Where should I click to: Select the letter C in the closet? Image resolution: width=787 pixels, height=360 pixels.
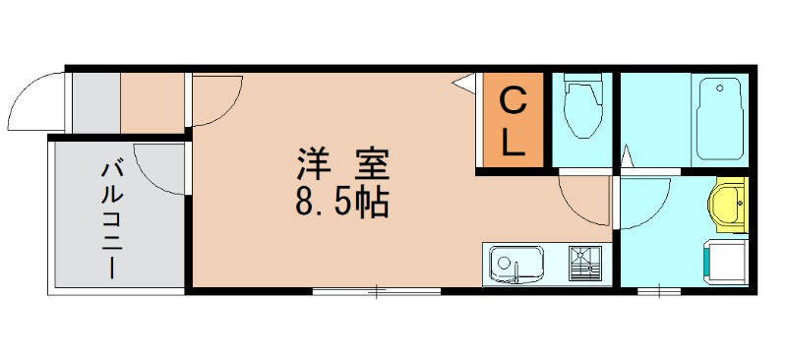tap(513, 101)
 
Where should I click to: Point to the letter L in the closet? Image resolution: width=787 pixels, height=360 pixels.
tap(513, 143)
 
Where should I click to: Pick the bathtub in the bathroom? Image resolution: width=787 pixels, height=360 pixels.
tap(718, 119)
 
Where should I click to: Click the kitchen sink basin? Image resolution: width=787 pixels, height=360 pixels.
tap(515, 264)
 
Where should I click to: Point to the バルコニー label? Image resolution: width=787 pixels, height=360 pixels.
tap(110, 219)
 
